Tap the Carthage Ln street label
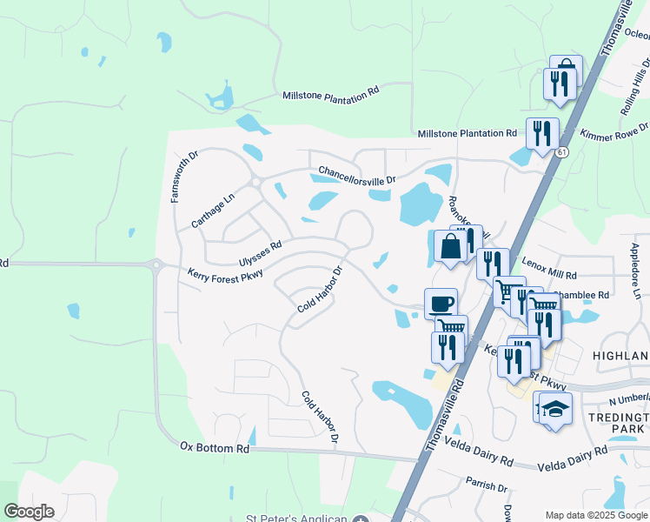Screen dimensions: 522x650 pyautogui.click(x=213, y=210)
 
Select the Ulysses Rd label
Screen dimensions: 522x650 pyautogui.click(x=260, y=253)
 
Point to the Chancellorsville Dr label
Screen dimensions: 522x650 pyautogui.click(x=356, y=175)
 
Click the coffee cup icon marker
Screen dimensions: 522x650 pyautogui.click(x=441, y=304)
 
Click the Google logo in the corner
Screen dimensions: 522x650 pyautogui.click(x=29, y=512)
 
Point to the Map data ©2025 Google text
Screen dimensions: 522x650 pyautogui.click(x=596, y=516)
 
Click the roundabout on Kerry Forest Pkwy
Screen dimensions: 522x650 pyautogui.click(x=156, y=265)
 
